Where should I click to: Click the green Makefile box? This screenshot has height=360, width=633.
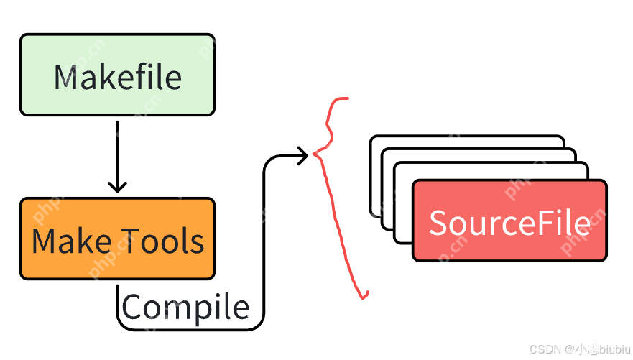(117, 75)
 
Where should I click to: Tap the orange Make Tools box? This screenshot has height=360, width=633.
(117, 239)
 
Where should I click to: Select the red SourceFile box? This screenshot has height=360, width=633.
(509, 221)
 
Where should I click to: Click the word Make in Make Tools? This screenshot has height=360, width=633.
(70, 240)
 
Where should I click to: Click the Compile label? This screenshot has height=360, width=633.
(185, 307)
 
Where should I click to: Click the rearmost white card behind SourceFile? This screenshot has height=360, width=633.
(467, 141)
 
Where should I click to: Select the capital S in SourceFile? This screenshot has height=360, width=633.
(440, 223)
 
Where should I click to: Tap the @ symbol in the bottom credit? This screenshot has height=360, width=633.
(568, 349)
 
